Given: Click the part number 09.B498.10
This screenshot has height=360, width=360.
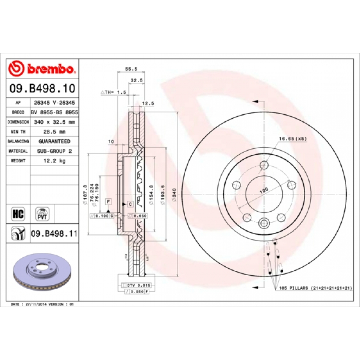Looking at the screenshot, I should [43, 88].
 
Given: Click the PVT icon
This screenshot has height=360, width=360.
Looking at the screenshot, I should [42, 213].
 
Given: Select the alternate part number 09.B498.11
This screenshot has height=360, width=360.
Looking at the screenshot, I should [54, 233].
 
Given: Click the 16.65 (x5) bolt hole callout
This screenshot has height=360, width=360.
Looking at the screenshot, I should [292, 139].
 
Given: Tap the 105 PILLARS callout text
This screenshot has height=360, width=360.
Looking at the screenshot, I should [315, 288].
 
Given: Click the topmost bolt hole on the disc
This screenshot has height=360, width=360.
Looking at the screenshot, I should [264, 165].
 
